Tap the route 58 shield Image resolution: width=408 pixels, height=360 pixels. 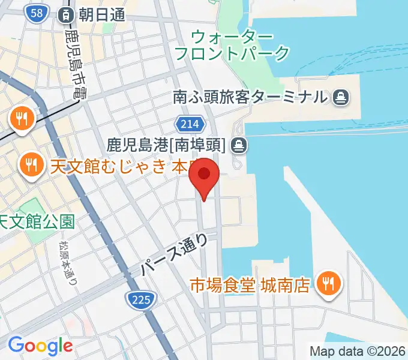click(x=37, y=13)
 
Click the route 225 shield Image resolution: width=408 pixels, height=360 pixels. click(x=142, y=298)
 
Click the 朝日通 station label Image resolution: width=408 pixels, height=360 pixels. click(x=100, y=14)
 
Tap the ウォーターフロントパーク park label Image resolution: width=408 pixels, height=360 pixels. click(x=232, y=45)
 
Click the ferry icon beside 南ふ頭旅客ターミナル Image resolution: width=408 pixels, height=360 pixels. click(x=340, y=96)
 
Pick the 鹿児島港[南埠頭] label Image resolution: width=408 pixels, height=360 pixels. click(x=166, y=144)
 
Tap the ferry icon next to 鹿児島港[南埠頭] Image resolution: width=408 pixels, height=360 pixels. click(x=239, y=144)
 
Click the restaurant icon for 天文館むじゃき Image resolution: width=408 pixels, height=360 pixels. click(x=30, y=163)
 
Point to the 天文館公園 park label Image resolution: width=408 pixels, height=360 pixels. click(x=37, y=222)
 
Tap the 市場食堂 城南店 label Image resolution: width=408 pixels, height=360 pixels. click(x=250, y=284)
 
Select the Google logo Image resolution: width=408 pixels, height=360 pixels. click(x=40, y=346)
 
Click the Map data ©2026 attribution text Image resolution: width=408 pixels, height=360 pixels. click(x=356, y=351)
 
